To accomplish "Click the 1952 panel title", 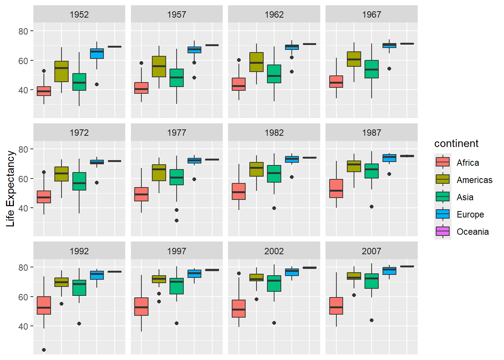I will [x=79, y=15].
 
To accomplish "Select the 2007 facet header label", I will [x=371, y=251].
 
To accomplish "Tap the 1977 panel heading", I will [x=177, y=133].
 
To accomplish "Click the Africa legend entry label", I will [x=468, y=163].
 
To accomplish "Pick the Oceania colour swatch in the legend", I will [x=442, y=231].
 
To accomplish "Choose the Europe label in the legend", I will [x=470, y=214].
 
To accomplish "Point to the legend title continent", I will [x=456, y=144].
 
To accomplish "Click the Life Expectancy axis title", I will [x=10, y=189].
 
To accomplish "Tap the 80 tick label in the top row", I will [x=23, y=31].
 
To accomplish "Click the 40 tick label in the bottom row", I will [x=23, y=326].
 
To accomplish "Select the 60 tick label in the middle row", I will [x=23, y=179].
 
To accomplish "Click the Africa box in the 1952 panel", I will [x=44, y=91].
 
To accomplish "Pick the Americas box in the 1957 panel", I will [x=159, y=67].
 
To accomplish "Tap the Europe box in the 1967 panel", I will [x=389, y=45].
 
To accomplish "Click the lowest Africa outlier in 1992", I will [x=44, y=350].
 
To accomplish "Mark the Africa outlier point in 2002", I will [x=239, y=273].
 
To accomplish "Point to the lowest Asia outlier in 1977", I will [x=177, y=220].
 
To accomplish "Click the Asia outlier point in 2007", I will [x=372, y=320].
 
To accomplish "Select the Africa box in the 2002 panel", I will [x=239, y=309].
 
